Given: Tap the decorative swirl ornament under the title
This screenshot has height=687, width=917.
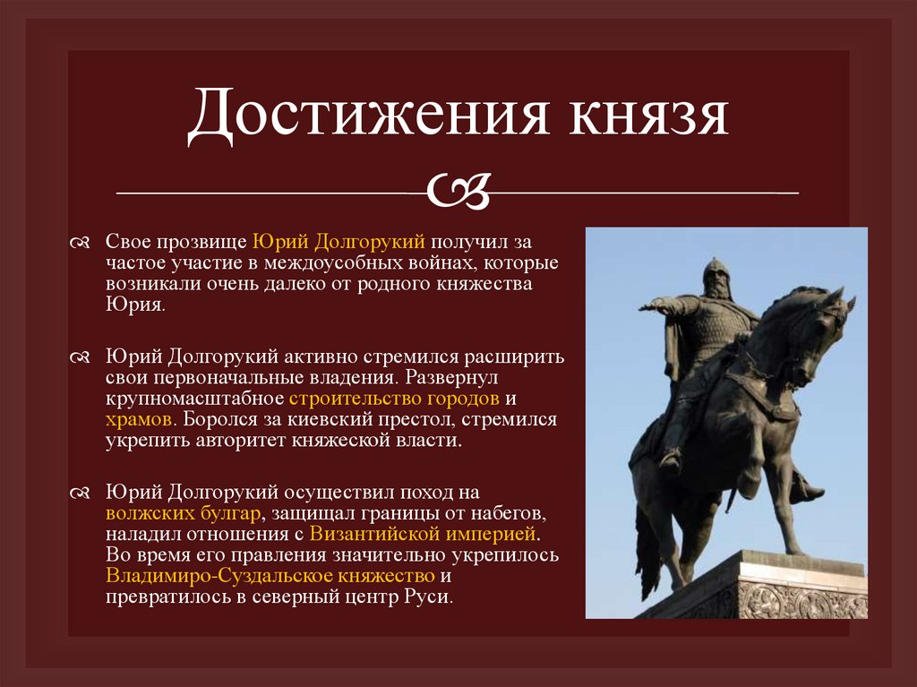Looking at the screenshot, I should click(x=458, y=190).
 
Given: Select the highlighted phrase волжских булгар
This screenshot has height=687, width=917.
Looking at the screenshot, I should click(x=184, y=513).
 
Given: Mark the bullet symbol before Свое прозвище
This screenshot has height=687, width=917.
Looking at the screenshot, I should click(x=79, y=245).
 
